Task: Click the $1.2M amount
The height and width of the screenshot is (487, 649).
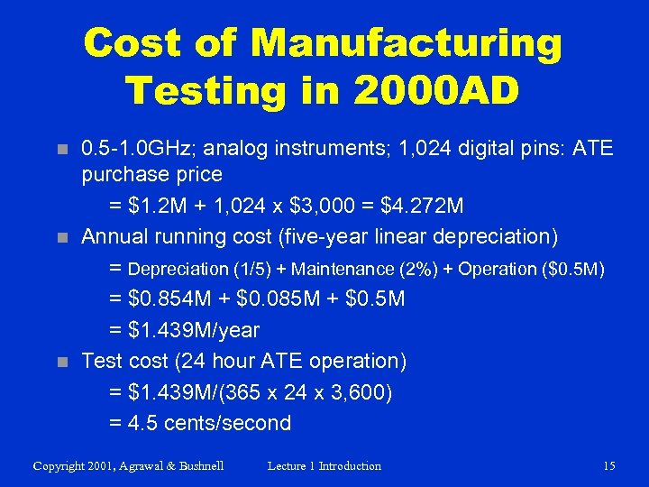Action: click(x=161, y=207)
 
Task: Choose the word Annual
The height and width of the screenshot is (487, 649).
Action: click(x=114, y=237)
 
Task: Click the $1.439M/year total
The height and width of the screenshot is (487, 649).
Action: click(x=194, y=330)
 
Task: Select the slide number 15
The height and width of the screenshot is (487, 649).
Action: click(x=609, y=466)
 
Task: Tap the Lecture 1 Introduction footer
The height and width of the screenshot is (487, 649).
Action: click(x=324, y=466)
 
